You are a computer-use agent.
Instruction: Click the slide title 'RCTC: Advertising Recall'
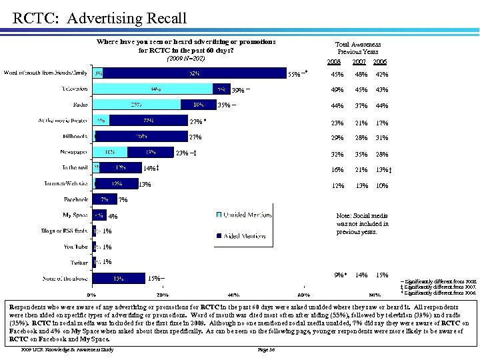[100, 18]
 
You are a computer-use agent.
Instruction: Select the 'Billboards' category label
[75, 137]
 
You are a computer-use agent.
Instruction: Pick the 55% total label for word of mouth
[294, 74]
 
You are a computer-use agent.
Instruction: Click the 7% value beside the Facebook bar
[122, 199]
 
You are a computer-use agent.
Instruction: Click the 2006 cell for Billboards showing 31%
[382, 137]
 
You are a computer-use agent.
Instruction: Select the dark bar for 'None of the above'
[119, 278]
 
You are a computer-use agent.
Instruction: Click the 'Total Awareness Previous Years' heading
[358, 47]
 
